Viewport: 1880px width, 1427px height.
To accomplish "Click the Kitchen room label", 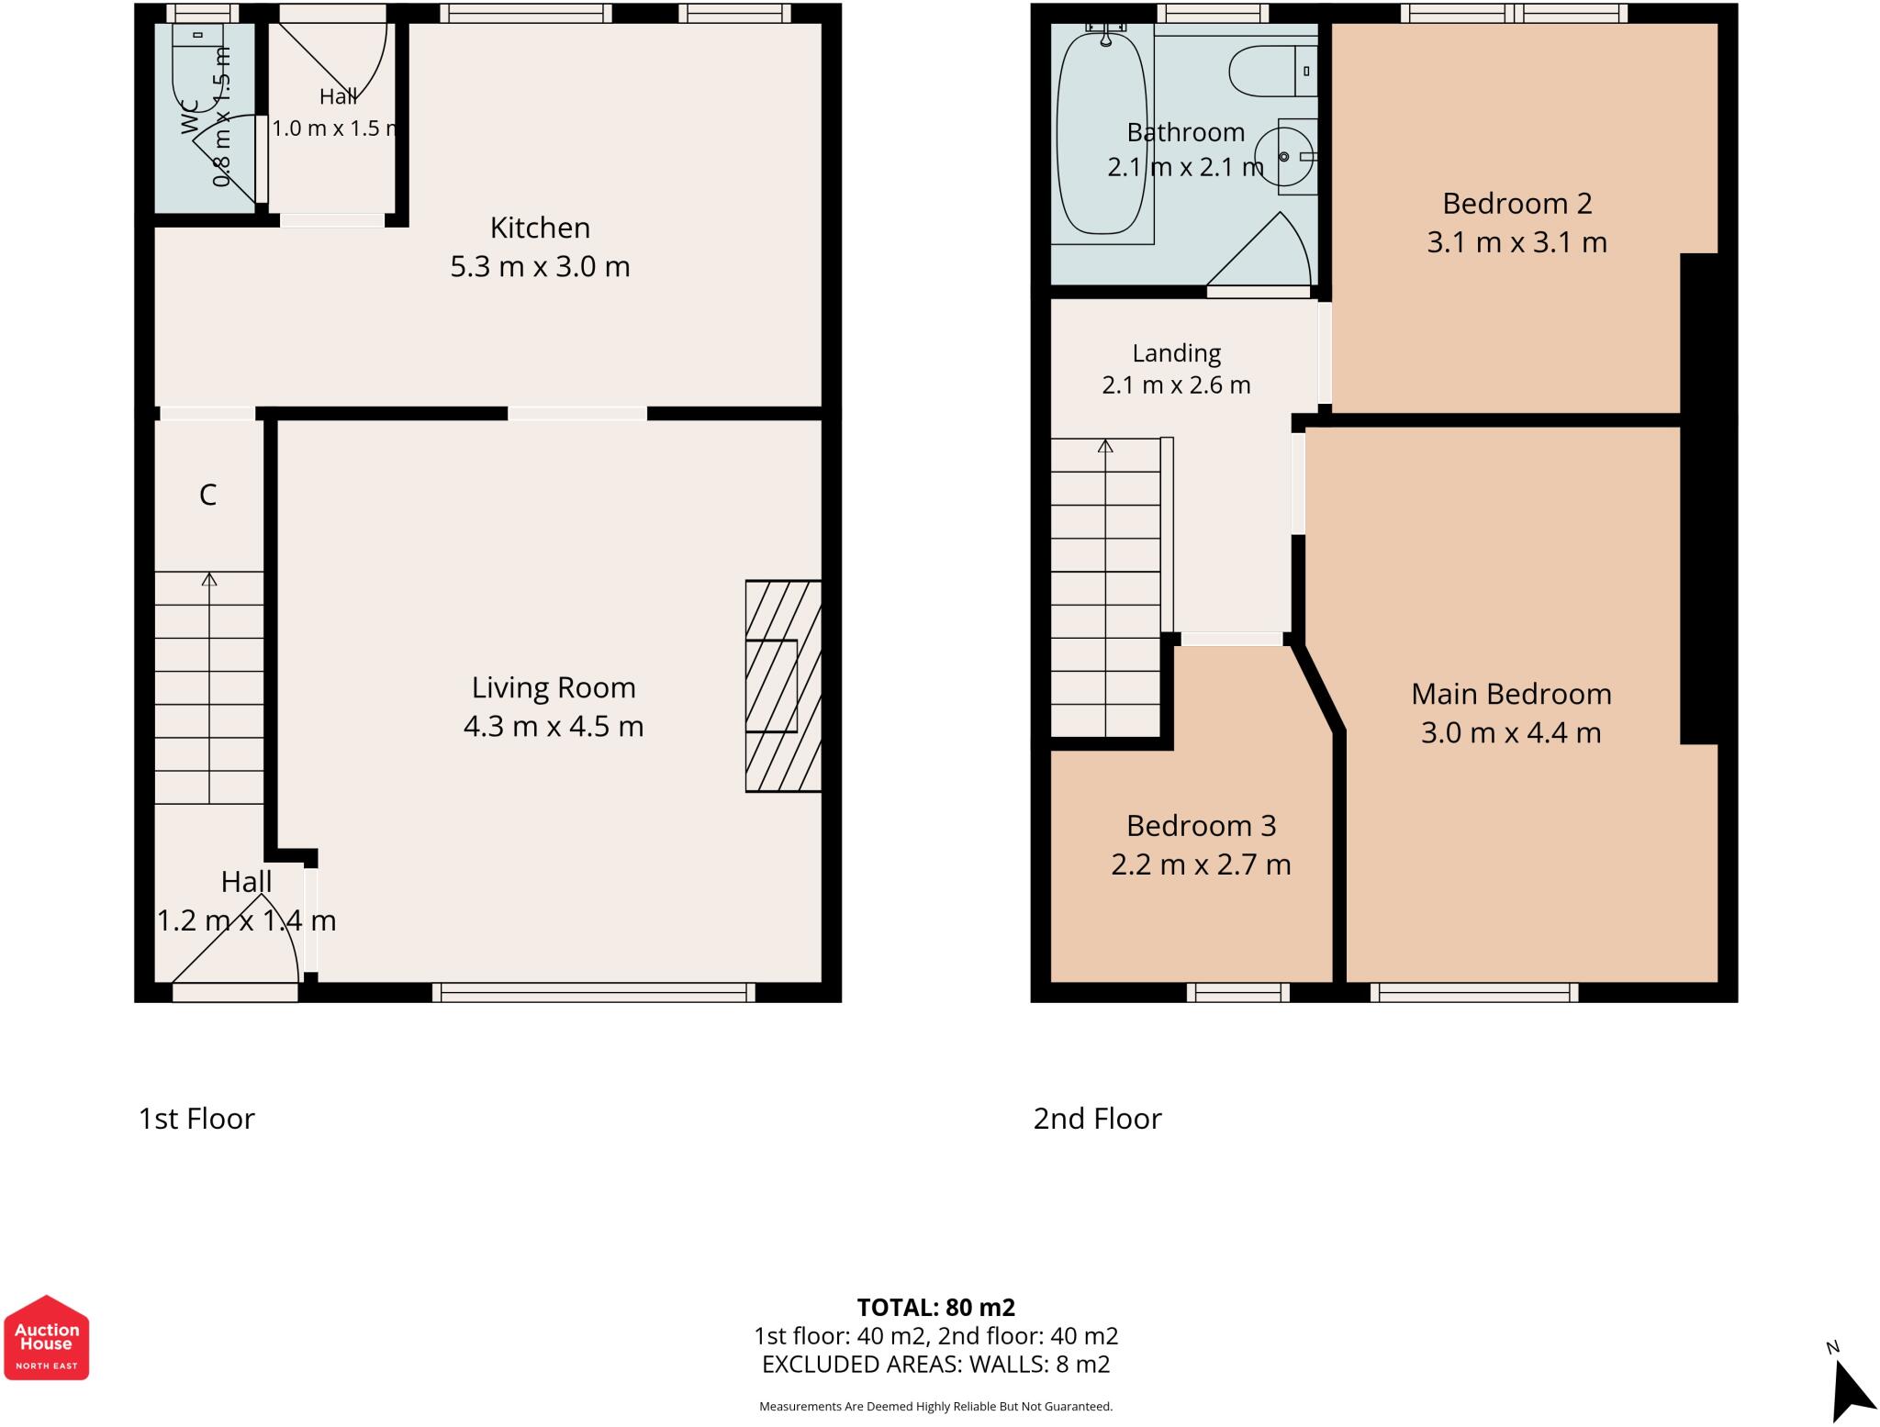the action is point(540,228).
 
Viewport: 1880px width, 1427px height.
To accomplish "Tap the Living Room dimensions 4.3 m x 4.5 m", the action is point(554,727).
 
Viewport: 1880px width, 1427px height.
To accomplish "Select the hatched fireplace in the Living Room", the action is point(783,686).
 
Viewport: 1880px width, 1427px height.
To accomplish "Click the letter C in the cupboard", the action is point(208,496).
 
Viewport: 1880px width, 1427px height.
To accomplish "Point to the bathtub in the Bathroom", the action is point(1102,134).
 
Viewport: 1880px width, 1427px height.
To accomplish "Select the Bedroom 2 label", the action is point(1516,203).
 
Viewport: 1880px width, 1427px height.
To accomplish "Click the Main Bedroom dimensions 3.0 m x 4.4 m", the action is point(1511,733).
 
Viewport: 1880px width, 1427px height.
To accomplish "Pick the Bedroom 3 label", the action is point(1201,826).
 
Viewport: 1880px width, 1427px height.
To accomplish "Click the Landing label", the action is point(1176,353).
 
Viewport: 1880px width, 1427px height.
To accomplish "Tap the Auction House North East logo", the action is point(47,1337).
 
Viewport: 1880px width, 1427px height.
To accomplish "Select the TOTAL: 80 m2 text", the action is point(936,1307).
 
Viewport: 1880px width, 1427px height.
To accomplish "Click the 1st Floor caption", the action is point(196,1119).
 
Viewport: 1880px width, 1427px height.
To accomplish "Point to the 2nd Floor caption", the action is point(1097,1119).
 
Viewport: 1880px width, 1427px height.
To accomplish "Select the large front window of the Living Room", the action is point(593,992).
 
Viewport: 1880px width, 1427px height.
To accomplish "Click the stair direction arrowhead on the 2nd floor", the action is point(1105,447).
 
